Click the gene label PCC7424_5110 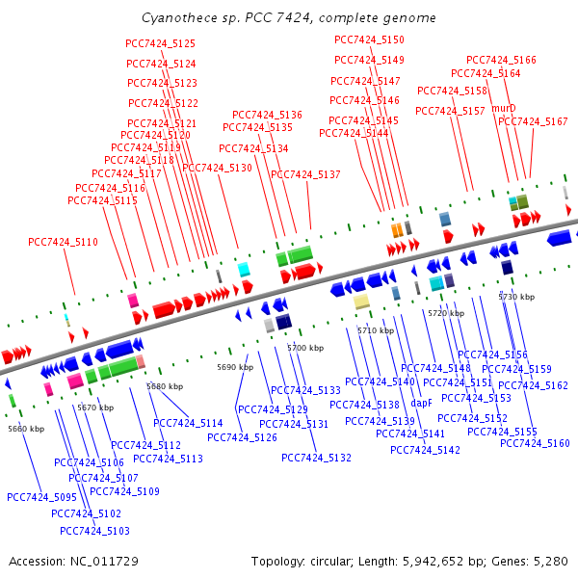tap(63, 242)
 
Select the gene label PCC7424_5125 tap(160, 43)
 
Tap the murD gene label tap(504, 108)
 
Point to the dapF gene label tap(421, 404)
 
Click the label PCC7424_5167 tap(533, 121)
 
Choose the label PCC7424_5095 tap(41, 497)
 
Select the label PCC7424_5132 tap(316, 458)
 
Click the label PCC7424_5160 tap(535, 443)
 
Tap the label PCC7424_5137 tap(305, 174)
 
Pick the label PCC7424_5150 tap(369, 39)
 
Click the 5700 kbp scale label tap(305, 348)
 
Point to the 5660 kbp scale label tap(25, 429)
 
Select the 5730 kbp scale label tap(515, 297)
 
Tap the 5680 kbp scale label tap(164, 386)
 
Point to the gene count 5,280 tap(551, 561)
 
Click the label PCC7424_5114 tap(188, 423)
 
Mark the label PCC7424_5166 tap(501, 60)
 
